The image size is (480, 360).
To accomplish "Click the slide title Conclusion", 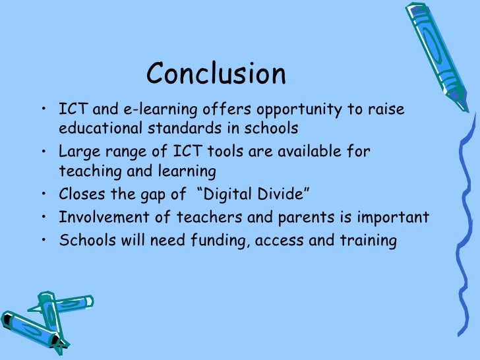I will point(216,74).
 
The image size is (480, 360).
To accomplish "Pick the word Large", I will point(76,152).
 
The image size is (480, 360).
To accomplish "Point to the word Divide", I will point(281,195).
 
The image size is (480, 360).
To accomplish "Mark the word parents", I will point(305,218).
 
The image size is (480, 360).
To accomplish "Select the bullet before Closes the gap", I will point(43,195).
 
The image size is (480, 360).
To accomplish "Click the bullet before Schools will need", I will point(43,240).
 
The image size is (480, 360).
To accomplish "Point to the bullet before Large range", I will point(43,152).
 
